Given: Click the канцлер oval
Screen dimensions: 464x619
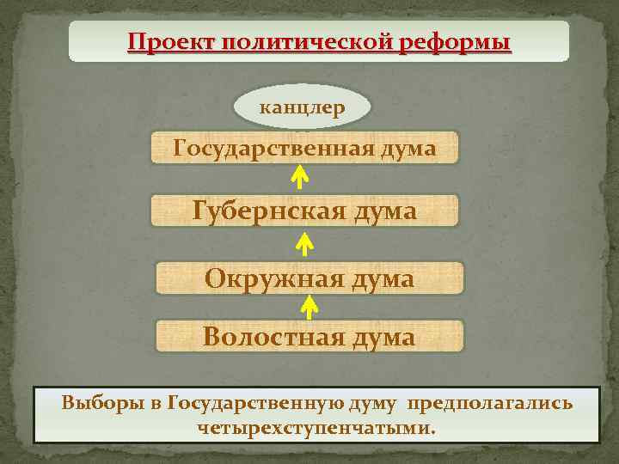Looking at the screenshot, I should pos(303,108).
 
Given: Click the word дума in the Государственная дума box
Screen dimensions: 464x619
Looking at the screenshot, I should pos(407,149).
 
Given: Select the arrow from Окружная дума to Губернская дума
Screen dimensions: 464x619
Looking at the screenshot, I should pos(303,245).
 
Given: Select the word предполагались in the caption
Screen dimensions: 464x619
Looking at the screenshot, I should pos(490,402).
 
